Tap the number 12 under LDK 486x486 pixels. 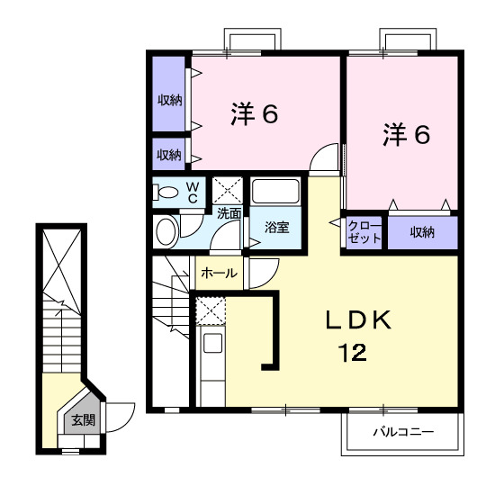353,353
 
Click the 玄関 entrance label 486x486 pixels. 83,420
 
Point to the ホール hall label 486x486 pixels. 219,273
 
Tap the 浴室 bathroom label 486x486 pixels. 276,228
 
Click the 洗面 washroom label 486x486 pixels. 229,213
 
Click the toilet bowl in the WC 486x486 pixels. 167,192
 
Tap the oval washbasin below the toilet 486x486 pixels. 166,230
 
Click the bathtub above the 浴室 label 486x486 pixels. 276,192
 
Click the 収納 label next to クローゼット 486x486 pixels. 422,231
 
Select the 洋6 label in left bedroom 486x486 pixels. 253,114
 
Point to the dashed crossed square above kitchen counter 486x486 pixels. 211,310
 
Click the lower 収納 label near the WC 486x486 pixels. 169,154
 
